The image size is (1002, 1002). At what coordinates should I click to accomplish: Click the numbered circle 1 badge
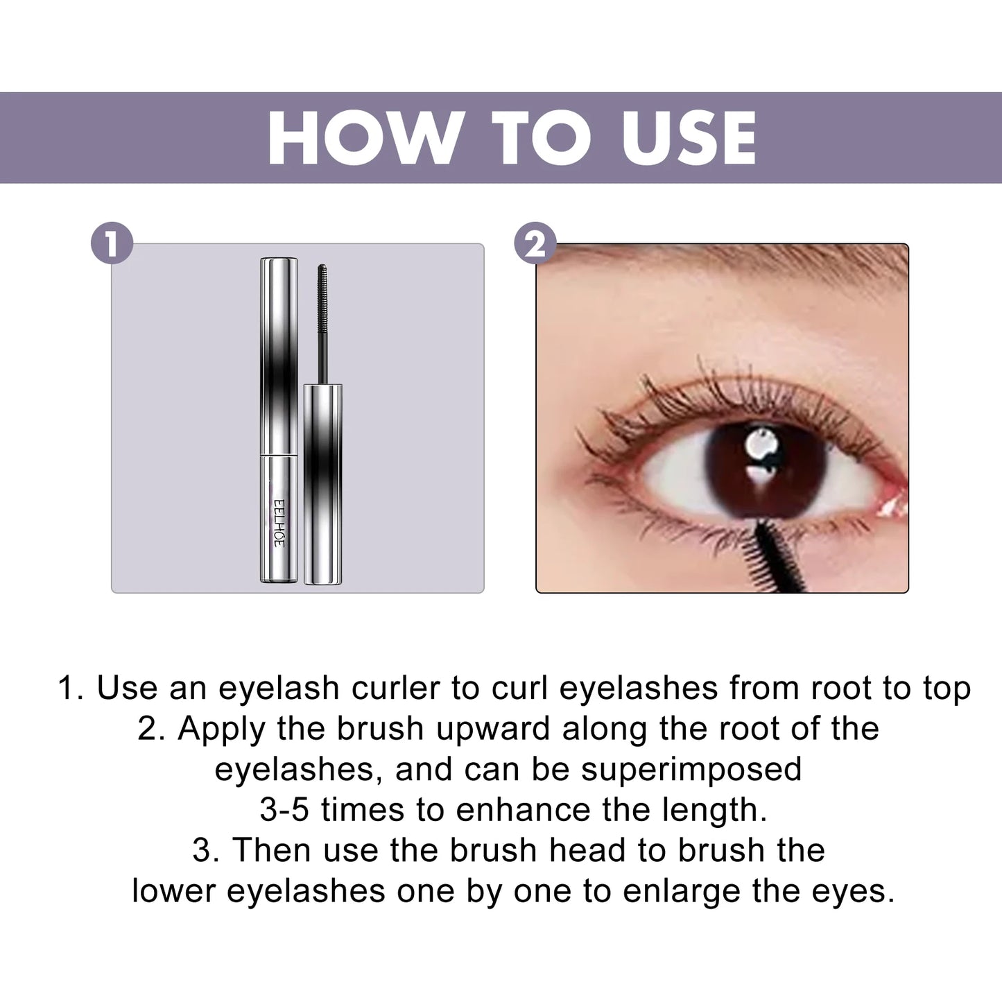112,243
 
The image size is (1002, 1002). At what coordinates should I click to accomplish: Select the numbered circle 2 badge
535,243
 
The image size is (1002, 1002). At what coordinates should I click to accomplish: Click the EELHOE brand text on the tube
278,521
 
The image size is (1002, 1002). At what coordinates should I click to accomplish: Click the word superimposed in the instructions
691,769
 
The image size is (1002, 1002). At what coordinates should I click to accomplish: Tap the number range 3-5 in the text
284,809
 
